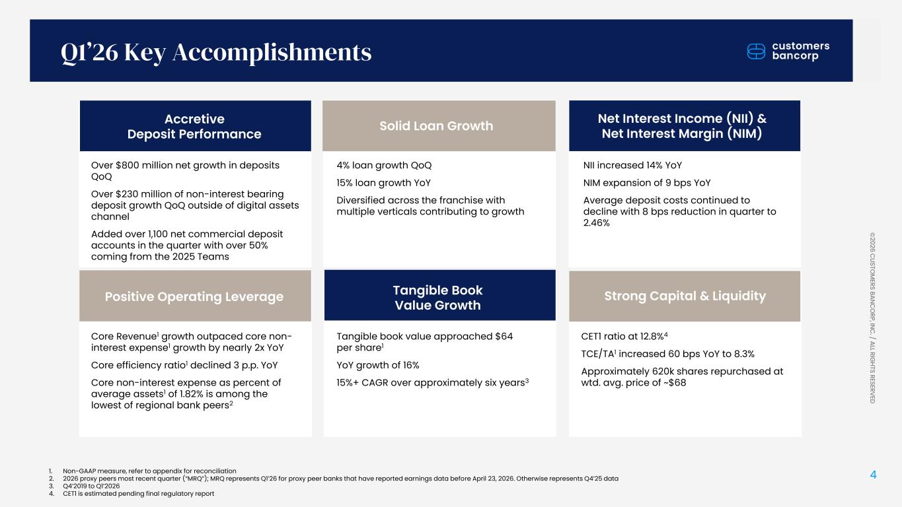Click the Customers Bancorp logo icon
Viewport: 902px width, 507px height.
[x=757, y=51]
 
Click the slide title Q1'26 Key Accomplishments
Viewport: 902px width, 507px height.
[x=215, y=52]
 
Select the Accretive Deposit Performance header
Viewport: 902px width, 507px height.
[x=194, y=126]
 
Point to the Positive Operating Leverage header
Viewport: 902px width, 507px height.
[x=194, y=296]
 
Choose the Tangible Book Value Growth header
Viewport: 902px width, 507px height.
[x=437, y=297]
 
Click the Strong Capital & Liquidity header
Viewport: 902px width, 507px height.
[x=684, y=296]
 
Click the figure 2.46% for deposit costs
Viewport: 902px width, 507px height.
[x=597, y=223]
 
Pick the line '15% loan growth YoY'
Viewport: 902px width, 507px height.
[x=377, y=183]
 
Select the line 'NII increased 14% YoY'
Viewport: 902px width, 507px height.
[x=632, y=165]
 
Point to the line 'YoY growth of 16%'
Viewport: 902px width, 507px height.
[x=377, y=365]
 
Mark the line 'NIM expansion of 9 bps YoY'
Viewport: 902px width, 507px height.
[x=647, y=183]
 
